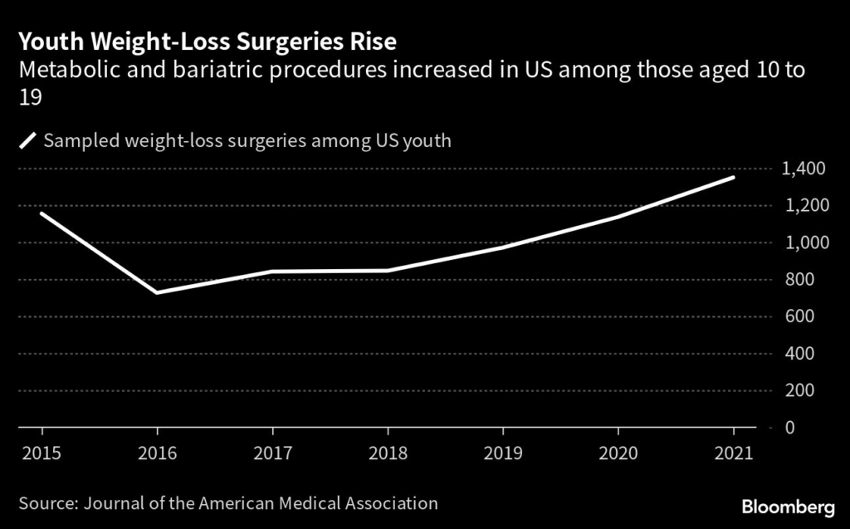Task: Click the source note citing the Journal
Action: point(228,502)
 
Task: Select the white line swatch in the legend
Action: point(29,140)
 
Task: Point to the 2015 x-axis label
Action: point(42,453)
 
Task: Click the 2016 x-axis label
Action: point(157,453)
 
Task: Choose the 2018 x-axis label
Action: point(388,453)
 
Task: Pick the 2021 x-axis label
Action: point(733,453)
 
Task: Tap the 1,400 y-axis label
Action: point(803,169)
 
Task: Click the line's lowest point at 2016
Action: point(157,292)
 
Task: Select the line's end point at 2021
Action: point(733,177)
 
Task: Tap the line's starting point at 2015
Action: point(42,213)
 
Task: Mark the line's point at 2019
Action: point(503,247)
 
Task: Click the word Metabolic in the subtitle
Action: point(62,71)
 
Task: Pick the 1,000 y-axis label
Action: point(803,242)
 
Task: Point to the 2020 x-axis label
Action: point(618,453)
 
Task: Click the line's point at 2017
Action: point(272,272)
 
